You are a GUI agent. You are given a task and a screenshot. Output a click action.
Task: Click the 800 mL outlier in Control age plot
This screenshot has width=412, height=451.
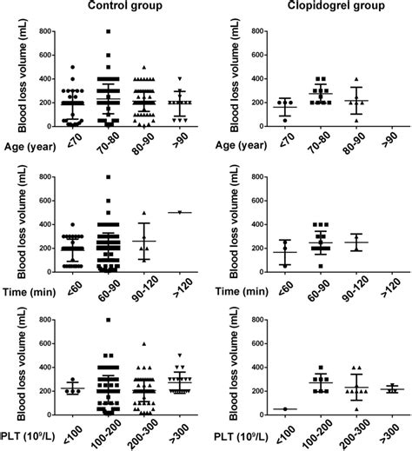click(108, 32)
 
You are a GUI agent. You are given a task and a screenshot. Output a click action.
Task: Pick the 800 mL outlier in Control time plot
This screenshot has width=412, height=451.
click(108, 177)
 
